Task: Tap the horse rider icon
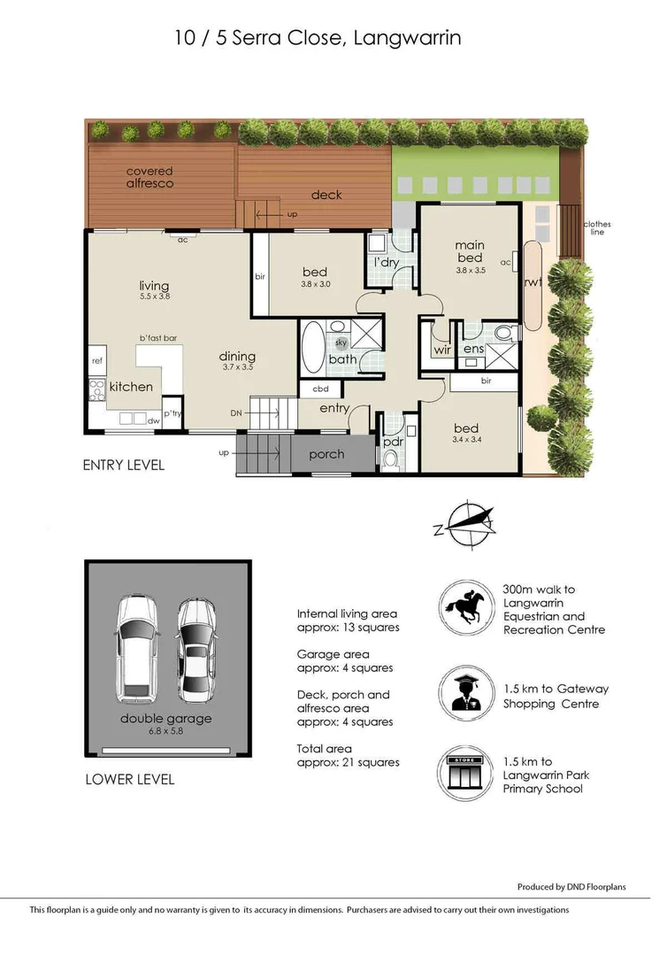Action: click(x=466, y=610)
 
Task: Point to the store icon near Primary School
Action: click(x=466, y=775)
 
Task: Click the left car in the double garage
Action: click(x=136, y=644)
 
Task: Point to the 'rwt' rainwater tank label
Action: click(x=533, y=283)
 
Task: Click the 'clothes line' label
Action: click(x=597, y=228)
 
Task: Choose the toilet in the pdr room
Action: click(x=391, y=459)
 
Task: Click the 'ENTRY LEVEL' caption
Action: click(x=123, y=466)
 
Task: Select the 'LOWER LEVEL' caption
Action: click(x=129, y=780)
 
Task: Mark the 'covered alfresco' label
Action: click(x=149, y=177)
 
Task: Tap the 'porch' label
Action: click(x=326, y=454)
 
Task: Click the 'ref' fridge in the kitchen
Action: click(x=97, y=361)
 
